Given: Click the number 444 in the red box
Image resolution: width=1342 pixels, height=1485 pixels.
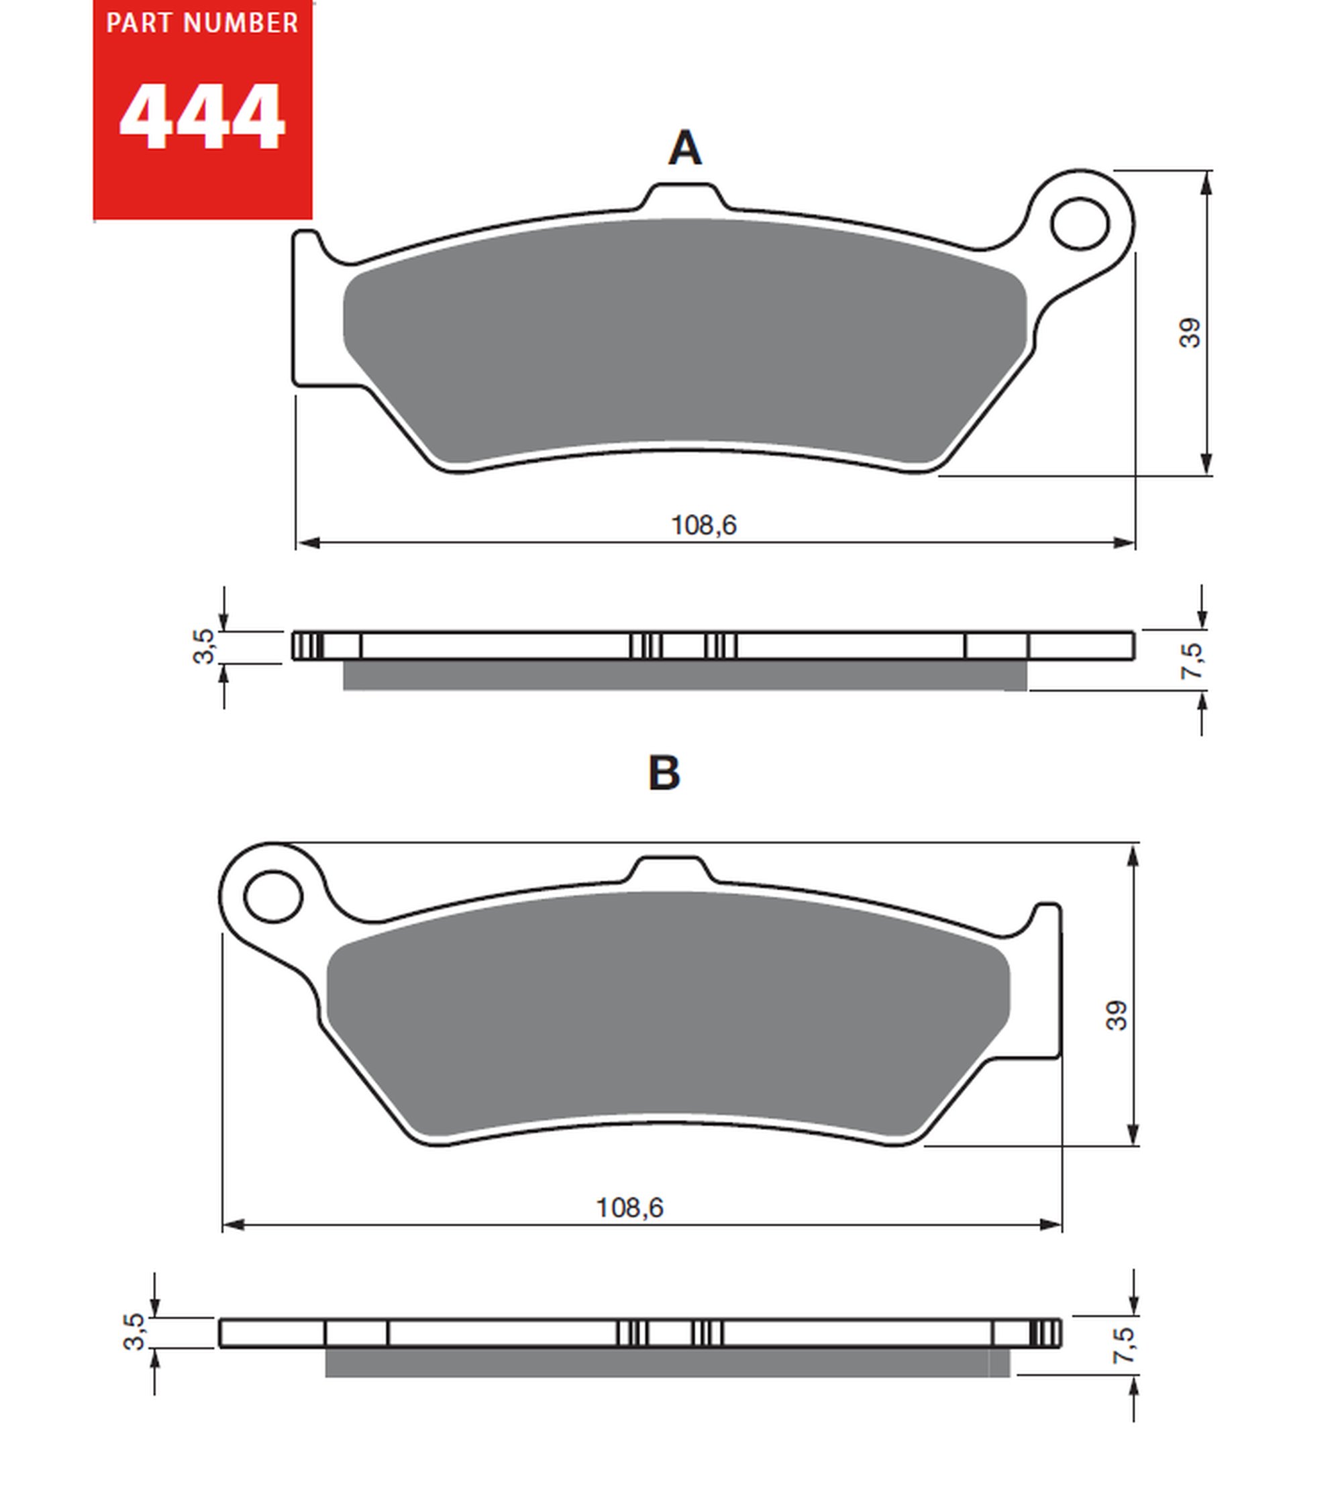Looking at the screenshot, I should (202, 118).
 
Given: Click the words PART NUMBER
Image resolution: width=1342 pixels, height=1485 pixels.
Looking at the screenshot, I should (202, 23).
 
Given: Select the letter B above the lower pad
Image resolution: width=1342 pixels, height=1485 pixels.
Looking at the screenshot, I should (664, 773).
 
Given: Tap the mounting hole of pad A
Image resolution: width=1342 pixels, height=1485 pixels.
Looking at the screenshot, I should (1079, 223).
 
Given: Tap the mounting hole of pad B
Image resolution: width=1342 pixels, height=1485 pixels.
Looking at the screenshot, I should (273, 897).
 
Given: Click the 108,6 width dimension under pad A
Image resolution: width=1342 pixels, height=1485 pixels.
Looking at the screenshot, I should (703, 525).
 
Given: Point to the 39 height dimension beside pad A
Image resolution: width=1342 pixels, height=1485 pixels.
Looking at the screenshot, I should (1190, 332).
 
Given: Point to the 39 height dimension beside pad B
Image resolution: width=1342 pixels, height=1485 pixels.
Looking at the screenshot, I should (1116, 1015).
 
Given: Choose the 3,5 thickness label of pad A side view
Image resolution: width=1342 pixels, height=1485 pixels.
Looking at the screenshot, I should (204, 646).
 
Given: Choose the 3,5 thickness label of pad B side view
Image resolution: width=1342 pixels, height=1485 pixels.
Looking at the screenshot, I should (135, 1331).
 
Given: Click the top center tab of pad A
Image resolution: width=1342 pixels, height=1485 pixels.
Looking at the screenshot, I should (684, 197).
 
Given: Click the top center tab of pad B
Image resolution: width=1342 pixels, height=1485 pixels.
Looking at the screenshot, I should (669, 869).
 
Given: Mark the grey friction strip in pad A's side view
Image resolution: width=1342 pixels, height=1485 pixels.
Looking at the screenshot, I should (684, 676).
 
